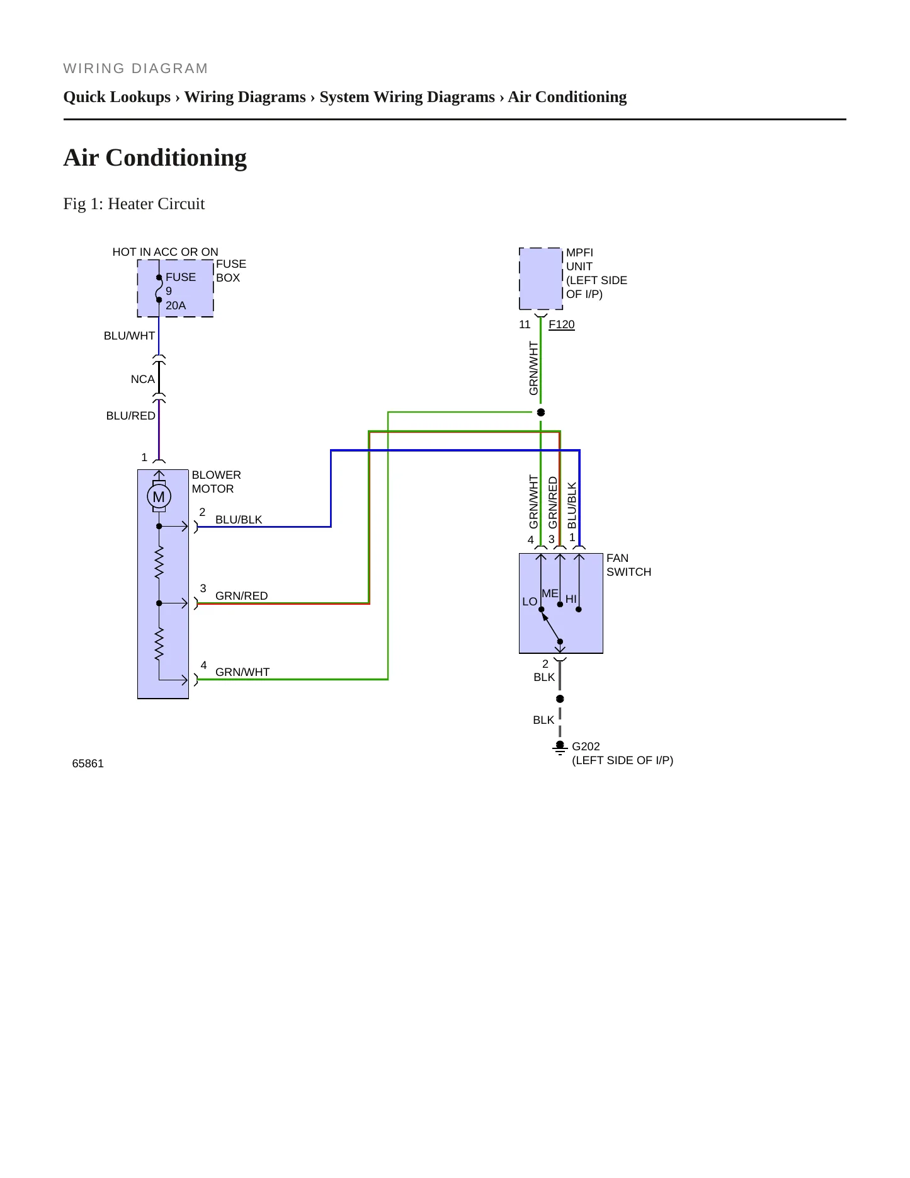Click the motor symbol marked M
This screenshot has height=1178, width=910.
159,496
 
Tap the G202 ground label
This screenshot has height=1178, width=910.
586,746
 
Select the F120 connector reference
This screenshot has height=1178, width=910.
561,324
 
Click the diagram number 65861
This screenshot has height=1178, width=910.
88,763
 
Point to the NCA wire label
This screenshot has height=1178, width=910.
142,379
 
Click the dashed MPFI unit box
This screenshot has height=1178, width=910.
541,278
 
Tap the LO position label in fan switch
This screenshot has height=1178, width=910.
530,602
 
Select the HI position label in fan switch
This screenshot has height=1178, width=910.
571,599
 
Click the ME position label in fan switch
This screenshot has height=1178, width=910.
550,593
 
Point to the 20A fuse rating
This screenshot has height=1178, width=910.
176,306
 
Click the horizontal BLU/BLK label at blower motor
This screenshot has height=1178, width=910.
239,520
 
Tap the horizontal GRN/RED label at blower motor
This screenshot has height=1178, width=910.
241,596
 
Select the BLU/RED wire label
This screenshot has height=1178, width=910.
130,416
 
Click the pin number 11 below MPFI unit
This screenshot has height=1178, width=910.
525,324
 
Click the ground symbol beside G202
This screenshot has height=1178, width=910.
560,748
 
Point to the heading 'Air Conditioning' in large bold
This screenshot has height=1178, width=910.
155,157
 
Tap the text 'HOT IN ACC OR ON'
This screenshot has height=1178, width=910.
165,252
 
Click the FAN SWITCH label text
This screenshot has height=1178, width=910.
628,565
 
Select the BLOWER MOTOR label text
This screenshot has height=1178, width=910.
216,482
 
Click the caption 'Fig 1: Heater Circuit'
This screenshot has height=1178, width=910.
134,203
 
